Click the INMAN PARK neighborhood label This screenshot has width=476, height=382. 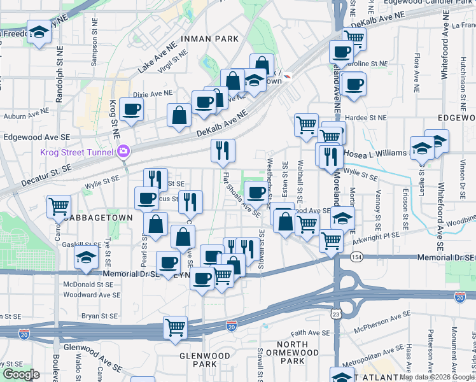(209, 39)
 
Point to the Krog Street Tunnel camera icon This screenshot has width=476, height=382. (123, 152)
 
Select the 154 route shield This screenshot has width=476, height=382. (354, 256)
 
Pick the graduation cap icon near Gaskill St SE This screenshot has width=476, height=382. (85, 258)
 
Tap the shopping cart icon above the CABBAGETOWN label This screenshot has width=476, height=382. (59, 206)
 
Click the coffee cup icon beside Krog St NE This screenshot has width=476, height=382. (132, 109)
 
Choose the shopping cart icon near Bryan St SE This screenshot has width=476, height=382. (175, 327)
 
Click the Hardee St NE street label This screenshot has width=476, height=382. (366, 117)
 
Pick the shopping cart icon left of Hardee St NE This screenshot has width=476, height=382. (307, 124)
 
